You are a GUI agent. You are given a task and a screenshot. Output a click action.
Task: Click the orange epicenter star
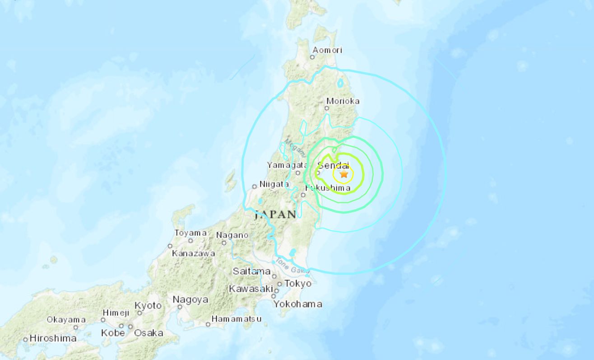click(x=344, y=173)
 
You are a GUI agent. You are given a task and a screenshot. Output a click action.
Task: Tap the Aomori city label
click(x=327, y=50)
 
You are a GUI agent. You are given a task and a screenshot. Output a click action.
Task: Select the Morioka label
click(x=343, y=101)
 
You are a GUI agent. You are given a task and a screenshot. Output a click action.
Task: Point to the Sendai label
click(x=334, y=165)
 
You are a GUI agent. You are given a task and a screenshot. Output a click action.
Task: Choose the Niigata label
click(x=274, y=184)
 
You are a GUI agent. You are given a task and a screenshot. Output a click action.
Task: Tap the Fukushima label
click(x=328, y=188)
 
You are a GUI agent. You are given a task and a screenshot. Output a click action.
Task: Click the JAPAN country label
click(x=275, y=215)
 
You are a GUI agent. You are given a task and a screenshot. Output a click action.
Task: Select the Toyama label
click(x=190, y=233)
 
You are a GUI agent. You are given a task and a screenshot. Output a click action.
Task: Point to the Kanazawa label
click(x=193, y=253)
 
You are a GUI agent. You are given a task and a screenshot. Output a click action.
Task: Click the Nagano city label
click(x=232, y=235)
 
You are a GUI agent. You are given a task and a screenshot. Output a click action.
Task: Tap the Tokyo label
click(x=298, y=284)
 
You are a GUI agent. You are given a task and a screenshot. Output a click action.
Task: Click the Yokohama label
click(x=298, y=304)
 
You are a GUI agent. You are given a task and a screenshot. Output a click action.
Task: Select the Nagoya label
click(x=190, y=299)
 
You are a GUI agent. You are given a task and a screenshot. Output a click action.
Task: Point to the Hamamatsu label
click(x=237, y=319)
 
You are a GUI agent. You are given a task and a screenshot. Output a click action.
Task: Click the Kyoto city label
click(x=148, y=306)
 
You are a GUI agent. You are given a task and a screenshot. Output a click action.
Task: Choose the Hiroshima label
click(x=53, y=338)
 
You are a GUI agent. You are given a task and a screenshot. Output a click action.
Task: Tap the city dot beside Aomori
click(x=312, y=57)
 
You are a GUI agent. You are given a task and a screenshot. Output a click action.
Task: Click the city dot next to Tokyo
click(x=280, y=284)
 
